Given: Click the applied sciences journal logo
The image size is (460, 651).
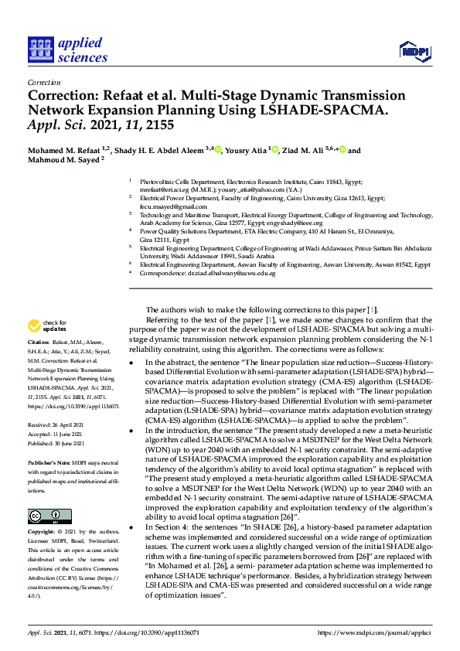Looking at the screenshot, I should tap(67, 48).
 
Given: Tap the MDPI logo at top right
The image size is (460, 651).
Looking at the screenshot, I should tap(414, 51).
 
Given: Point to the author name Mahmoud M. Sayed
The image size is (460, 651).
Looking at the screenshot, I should tap(63, 162).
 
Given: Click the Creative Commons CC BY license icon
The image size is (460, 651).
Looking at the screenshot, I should tap(49, 516).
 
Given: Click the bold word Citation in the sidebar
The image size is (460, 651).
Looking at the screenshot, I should tap(39, 363).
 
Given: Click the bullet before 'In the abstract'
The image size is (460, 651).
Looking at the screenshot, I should tap(132, 363).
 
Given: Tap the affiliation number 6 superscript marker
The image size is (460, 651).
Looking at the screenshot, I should tap(131, 263).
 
